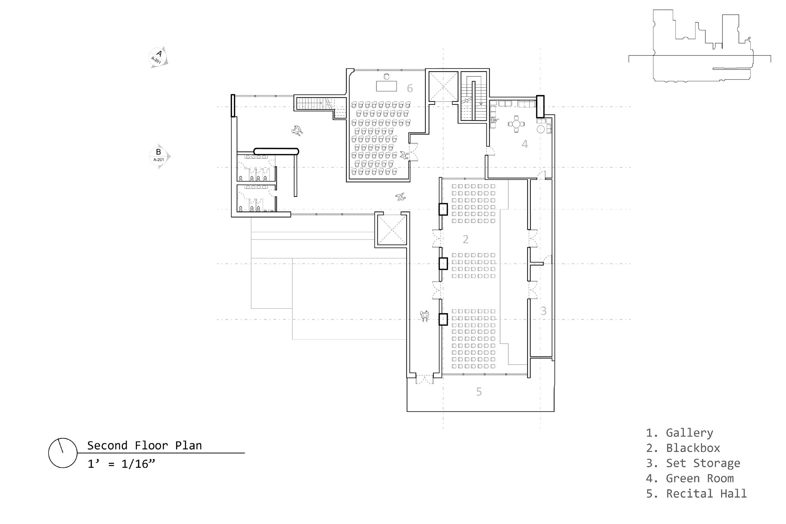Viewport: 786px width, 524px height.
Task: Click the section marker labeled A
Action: pyautogui.click(x=159, y=57)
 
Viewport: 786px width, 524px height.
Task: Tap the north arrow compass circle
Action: pyautogui.click(x=63, y=453)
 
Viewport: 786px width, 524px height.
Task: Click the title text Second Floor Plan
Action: pyautogui.click(x=145, y=445)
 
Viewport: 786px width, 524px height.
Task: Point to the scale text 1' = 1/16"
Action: pyautogui.click(x=121, y=464)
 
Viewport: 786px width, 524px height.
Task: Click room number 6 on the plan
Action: pyautogui.click(x=410, y=88)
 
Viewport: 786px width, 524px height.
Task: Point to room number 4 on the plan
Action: pyautogui.click(x=525, y=144)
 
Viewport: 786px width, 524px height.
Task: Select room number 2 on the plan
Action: pyautogui.click(x=465, y=239)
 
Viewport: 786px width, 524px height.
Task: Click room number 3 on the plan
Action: pyautogui.click(x=543, y=311)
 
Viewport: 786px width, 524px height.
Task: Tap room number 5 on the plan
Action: pyautogui.click(x=479, y=392)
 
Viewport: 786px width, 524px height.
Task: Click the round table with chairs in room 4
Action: pyautogui.click(x=516, y=124)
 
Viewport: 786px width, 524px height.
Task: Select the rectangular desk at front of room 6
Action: pyautogui.click(x=386, y=86)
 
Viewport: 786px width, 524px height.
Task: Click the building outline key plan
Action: pyautogui.click(x=700, y=46)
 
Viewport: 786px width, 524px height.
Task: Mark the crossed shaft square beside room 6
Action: pyautogui.click(x=443, y=86)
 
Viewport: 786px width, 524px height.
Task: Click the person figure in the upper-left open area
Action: pyautogui.click(x=297, y=131)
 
